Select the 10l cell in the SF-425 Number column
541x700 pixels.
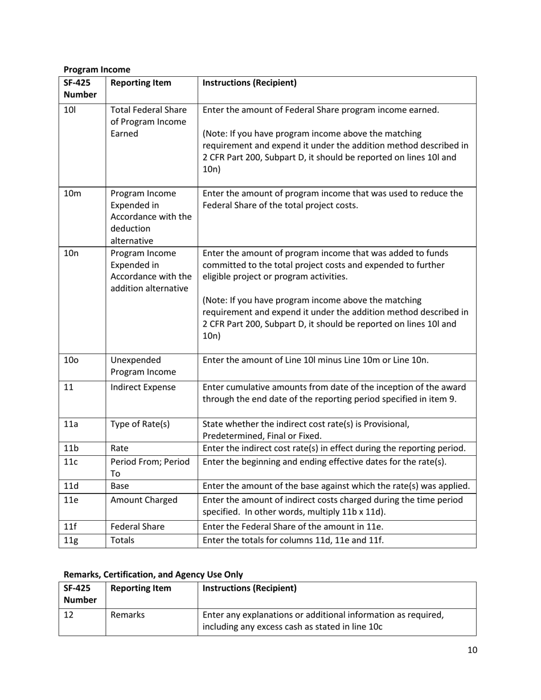coord(69,110)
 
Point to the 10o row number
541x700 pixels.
coord(71,360)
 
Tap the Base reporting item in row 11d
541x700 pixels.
coord(120,486)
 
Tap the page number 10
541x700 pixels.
coord(472,650)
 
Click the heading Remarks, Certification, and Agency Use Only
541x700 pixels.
coord(153,575)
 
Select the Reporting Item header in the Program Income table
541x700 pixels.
coord(141,83)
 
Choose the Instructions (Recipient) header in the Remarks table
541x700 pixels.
coord(249,588)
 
